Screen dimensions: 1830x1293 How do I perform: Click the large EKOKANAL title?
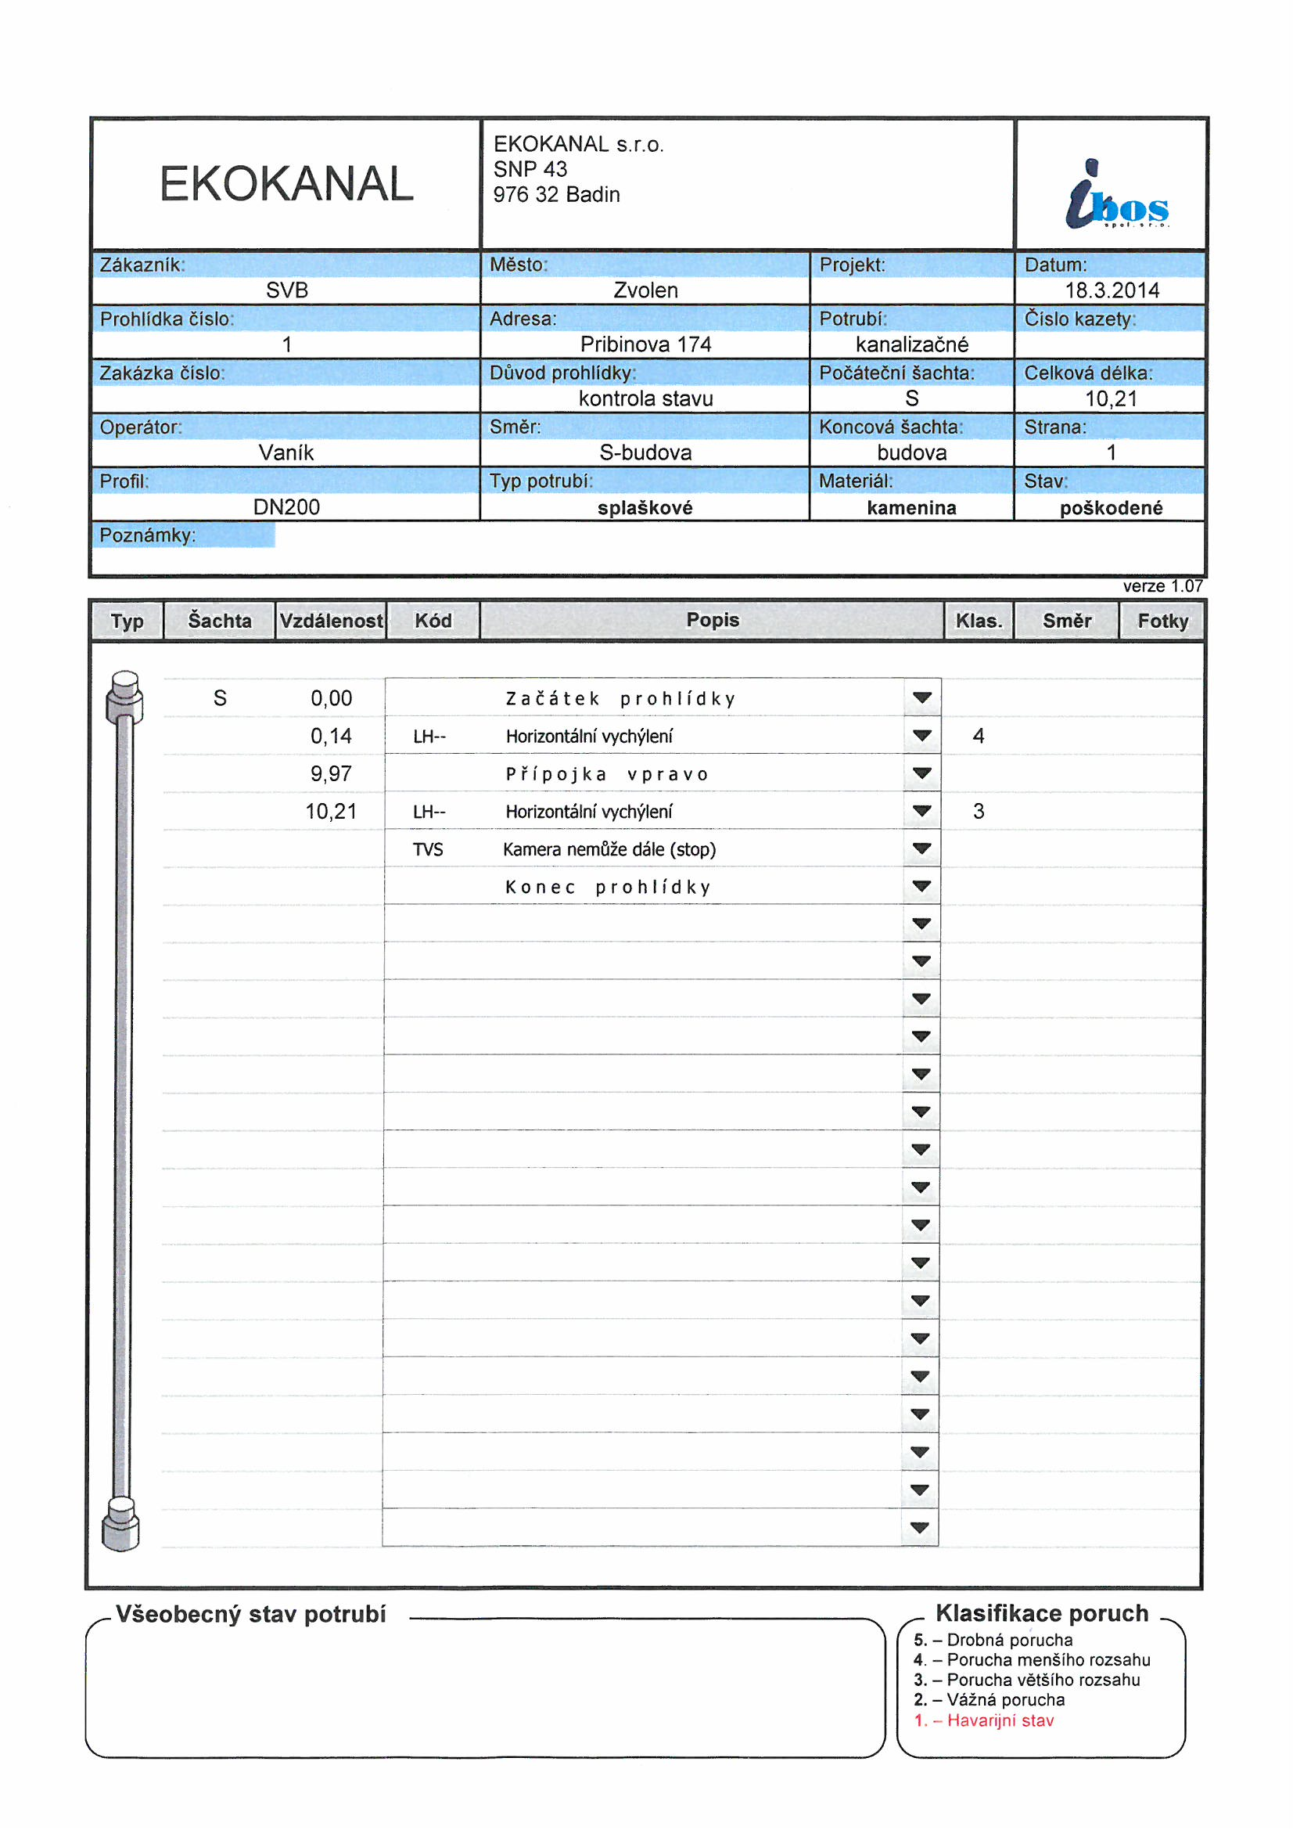point(286,184)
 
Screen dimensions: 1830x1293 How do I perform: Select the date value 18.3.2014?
point(1112,290)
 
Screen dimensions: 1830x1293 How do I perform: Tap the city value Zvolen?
point(645,290)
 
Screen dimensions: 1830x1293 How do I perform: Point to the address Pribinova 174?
point(645,344)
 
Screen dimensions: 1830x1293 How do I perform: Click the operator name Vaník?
point(286,452)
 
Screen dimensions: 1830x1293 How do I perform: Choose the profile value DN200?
point(286,507)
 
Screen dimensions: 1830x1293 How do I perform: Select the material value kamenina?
point(911,508)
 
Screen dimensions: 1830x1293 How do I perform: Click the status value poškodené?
point(1111,508)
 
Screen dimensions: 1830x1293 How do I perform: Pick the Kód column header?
point(433,621)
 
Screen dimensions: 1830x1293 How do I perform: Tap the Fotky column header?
point(1162,621)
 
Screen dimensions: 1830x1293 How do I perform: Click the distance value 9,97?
point(331,774)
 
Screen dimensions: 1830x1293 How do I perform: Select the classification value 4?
point(979,736)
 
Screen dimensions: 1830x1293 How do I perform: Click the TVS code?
point(428,850)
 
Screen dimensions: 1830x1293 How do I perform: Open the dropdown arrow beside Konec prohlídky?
point(921,886)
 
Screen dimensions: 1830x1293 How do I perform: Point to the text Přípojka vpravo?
point(607,774)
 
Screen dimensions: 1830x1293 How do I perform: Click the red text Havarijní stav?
point(1000,1720)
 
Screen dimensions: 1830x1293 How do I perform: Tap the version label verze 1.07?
point(1162,585)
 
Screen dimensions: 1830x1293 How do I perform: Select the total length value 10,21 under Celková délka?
point(1111,398)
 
